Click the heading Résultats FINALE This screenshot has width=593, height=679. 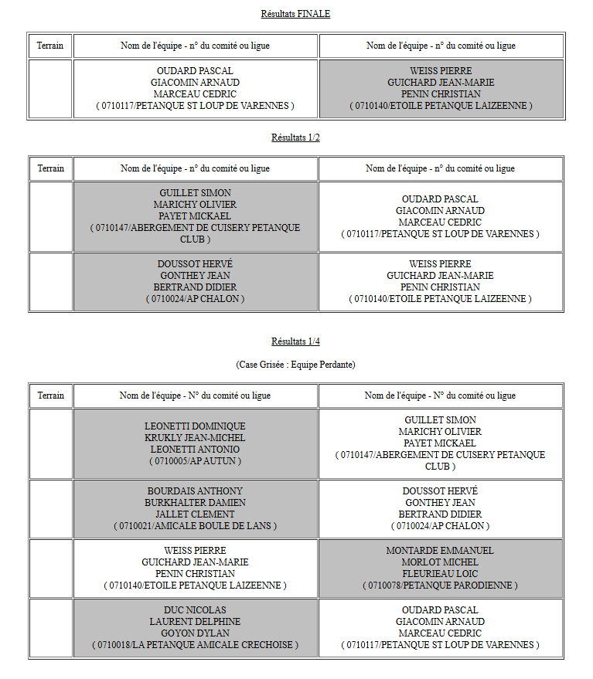(295, 14)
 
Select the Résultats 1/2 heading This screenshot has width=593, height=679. (295, 137)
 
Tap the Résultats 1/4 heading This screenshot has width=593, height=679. (295, 341)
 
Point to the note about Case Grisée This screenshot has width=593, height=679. (295, 364)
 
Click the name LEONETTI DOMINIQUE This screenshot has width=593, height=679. (195, 426)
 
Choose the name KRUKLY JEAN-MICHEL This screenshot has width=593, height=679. (195, 438)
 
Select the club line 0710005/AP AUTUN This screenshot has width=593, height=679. (195, 461)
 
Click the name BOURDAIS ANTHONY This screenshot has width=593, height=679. (195, 491)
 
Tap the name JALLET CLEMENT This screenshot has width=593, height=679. (195, 514)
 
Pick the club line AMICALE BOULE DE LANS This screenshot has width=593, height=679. (195, 526)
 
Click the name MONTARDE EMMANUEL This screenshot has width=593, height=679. (440, 551)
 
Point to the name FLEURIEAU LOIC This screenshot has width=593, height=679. (440, 574)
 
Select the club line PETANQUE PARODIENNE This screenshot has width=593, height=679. (440, 586)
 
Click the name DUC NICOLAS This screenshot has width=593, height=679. (195, 610)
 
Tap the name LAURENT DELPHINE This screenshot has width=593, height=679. (195, 622)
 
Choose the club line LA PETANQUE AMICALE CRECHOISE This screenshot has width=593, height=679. (195, 645)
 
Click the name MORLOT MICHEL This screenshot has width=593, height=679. (440, 562)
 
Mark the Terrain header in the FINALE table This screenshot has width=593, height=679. (50, 46)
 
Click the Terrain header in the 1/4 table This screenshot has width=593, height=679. (50, 396)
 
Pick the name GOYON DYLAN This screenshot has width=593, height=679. (195, 633)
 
